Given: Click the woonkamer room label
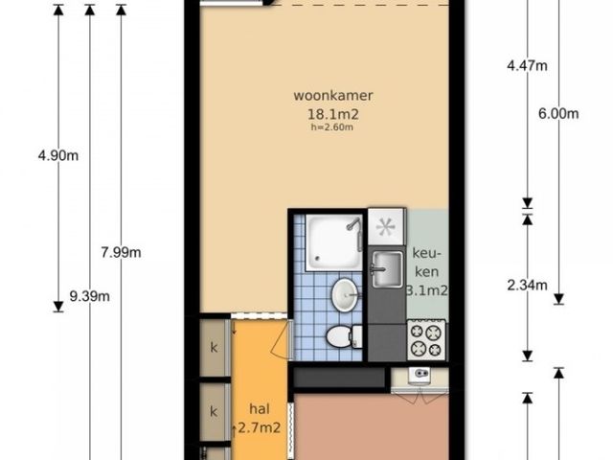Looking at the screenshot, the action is pos(333,96).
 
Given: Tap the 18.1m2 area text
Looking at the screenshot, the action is pos(333,114).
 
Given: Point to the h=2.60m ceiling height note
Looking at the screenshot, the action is pos(332,127).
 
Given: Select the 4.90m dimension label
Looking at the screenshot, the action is pos(58,155).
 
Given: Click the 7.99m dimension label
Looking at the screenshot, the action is pos(122,253).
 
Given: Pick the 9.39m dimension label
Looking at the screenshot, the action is pos(89,296).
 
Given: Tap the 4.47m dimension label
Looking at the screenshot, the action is pos(528,66).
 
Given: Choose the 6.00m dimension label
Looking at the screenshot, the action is pos(558,114).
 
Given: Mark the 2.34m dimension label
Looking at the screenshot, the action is pos(528,286).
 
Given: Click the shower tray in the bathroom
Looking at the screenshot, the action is pos(334,242).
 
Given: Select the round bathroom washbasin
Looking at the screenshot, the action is pos(345,294).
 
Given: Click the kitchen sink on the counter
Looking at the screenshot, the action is pos(387,269).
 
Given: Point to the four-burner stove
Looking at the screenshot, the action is pos(426,339).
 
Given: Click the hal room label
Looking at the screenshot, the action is pos(260,409).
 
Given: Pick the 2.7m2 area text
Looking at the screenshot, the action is pos(260,428).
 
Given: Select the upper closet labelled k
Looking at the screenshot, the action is pos(215,348).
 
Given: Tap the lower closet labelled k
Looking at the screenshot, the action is pos(215,411).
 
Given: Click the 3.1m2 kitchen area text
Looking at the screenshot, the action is pos(427,290).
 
